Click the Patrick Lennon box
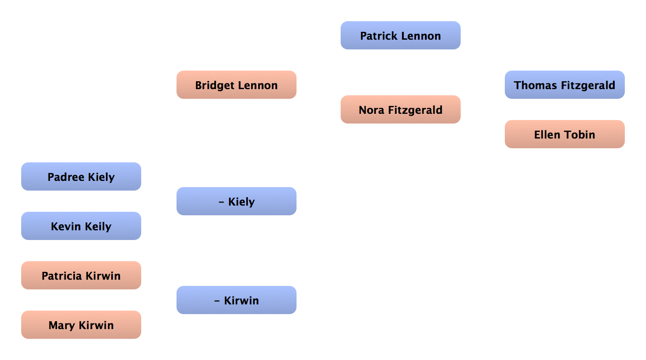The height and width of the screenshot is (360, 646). pos(400,36)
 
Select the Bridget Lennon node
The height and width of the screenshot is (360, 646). pos(237,85)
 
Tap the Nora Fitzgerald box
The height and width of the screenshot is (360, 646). pos(400,110)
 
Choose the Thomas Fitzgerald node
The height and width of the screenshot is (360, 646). pos(564,85)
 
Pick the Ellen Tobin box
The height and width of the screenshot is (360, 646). pos(564,135)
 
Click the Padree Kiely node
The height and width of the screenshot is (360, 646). pos(81,177)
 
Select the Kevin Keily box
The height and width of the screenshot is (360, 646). pos(81,226)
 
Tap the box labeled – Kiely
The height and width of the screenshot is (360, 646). pos(237,202)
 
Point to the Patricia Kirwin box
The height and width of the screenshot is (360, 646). pos(81,276)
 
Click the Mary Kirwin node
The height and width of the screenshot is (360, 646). pos(81,325)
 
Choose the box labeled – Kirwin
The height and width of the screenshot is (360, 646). pos(237,300)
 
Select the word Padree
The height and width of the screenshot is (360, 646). pos(66,177)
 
